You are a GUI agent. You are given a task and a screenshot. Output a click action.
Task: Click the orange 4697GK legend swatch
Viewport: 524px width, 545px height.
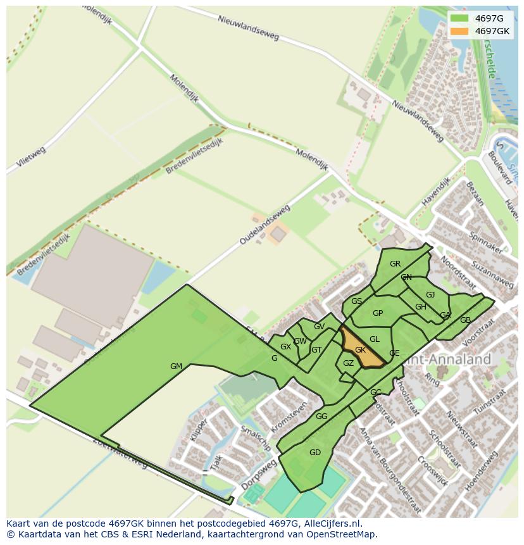[x=459, y=31]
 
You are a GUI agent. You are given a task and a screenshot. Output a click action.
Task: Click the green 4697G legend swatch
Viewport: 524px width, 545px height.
[x=459, y=18]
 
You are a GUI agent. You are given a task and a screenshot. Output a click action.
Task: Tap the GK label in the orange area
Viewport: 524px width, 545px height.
[x=361, y=350]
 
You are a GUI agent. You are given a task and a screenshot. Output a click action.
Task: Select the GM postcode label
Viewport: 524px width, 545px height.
[x=176, y=366]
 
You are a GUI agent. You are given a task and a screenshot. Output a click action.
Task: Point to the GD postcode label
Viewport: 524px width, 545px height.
[x=315, y=452]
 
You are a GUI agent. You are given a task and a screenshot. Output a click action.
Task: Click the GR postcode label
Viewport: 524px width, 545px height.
[x=395, y=264]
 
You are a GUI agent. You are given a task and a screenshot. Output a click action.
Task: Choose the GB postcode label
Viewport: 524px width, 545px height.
[x=465, y=320]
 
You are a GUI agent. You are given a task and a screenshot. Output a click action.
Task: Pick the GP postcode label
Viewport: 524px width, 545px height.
[x=378, y=313]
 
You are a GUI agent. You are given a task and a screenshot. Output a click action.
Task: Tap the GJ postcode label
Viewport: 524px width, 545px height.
[x=430, y=295]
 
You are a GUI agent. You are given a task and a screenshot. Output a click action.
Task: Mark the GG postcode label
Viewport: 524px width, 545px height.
[x=321, y=417]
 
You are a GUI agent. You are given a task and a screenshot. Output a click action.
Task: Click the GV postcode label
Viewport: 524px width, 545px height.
[x=319, y=327]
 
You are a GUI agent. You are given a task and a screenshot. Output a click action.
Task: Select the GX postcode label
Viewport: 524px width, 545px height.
[x=285, y=347]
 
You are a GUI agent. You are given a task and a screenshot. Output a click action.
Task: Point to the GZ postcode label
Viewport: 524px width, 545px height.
[x=348, y=363]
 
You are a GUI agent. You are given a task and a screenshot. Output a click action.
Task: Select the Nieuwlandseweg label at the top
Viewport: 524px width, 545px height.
[x=248, y=28]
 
